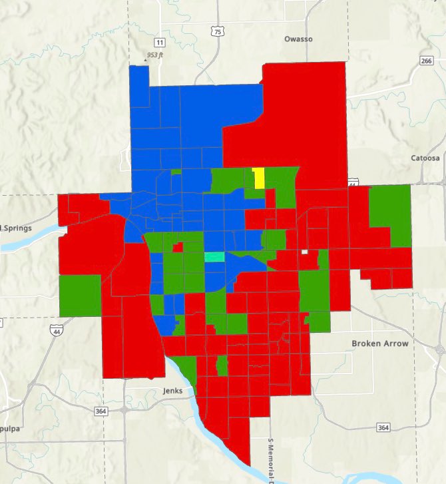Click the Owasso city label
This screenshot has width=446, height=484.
coord(298,39)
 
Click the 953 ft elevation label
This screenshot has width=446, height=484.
coord(155,55)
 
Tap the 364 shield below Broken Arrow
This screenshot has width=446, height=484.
coord(383,427)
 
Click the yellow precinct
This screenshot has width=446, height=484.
coord(259,178)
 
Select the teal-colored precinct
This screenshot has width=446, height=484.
coord(214,257)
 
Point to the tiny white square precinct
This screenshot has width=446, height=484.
coord(304,252)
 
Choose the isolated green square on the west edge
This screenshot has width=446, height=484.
coord(80,296)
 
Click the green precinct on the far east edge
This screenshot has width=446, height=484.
coord(390,213)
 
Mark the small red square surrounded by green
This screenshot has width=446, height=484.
coord(178,248)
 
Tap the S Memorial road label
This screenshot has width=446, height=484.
coord(271,459)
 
